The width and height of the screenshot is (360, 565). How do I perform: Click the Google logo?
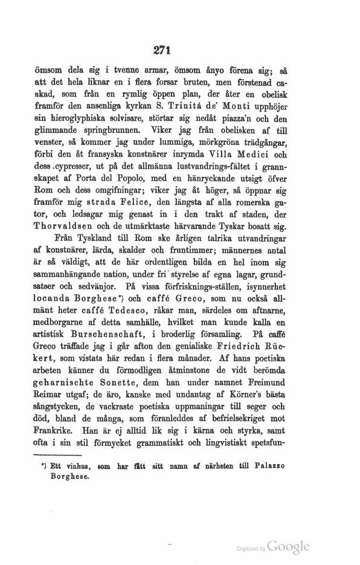point(288,547)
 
